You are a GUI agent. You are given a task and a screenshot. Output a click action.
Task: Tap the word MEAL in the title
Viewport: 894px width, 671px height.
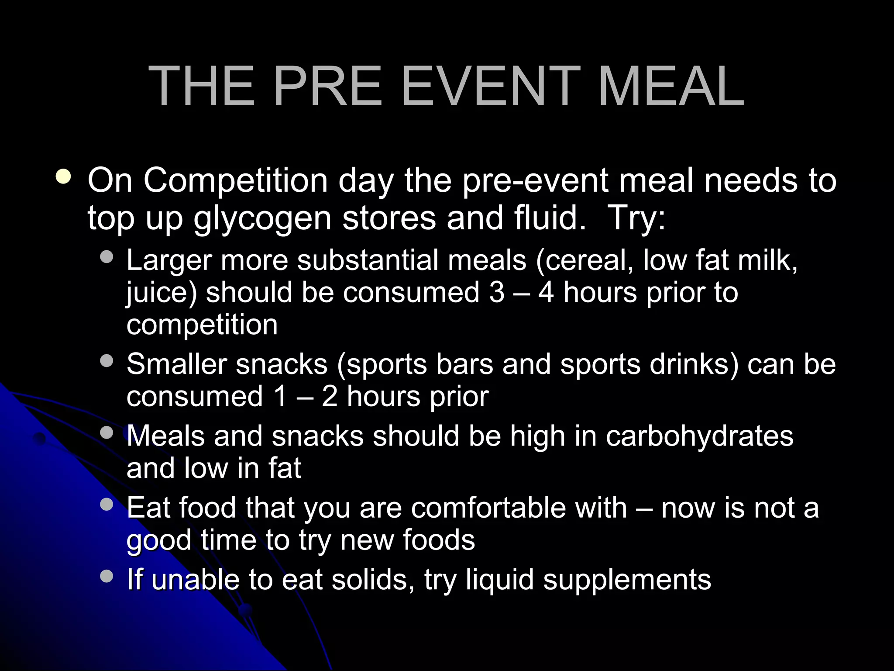point(671,86)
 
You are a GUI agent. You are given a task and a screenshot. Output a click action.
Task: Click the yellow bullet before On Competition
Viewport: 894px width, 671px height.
point(64,177)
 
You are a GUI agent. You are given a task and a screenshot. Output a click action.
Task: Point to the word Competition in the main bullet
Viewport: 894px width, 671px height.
point(236,181)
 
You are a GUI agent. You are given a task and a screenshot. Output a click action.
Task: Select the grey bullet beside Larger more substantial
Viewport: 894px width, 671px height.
point(107,257)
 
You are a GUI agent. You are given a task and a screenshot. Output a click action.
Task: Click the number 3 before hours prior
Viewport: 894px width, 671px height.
point(497,293)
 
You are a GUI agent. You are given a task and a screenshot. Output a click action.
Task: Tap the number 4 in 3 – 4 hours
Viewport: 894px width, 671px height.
point(546,293)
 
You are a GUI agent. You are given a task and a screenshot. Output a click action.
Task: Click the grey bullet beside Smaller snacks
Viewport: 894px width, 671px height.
point(107,361)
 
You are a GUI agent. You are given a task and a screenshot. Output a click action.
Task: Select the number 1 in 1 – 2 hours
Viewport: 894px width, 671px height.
point(280,397)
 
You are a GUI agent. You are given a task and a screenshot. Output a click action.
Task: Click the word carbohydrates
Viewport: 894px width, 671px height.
point(699,436)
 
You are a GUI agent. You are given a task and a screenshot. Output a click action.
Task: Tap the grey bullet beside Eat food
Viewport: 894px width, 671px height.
point(107,505)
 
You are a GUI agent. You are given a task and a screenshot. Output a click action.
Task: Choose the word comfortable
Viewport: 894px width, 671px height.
point(519,508)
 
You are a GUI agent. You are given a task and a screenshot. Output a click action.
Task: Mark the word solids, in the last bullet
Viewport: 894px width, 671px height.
point(373,580)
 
